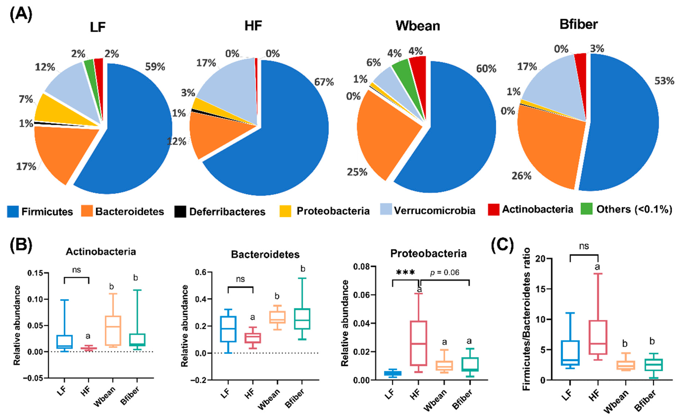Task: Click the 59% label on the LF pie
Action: tap(155, 67)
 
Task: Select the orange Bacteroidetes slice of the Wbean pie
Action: tap(385, 139)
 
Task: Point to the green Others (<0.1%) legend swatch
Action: tap(586, 209)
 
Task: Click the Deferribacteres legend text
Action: tap(227, 212)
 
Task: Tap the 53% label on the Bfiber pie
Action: tap(664, 81)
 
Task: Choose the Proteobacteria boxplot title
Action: tap(428, 253)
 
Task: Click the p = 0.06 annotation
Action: tap(445, 273)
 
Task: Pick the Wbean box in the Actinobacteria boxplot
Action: tap(113, 330)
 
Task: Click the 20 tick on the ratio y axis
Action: tap(539, 259)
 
